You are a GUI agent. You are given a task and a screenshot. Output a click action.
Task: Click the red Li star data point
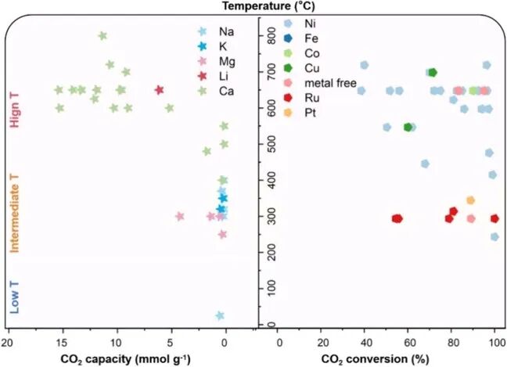click(x=159, y=90)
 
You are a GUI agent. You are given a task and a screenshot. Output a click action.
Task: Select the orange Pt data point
click(x=470, y=200)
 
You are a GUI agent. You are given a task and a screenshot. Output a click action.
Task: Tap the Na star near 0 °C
click(x=220, y=315)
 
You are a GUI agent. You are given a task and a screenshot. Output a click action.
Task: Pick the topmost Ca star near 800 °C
click(x=102, y=35)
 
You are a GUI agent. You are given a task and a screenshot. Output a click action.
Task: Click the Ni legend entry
click(x=300, y=23)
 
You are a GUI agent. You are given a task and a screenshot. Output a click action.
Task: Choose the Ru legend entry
click(x=301, y=98)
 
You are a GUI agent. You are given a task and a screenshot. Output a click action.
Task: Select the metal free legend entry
click(x=320, y=83)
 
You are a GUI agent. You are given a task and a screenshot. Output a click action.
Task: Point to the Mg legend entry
click(x=217, y=61)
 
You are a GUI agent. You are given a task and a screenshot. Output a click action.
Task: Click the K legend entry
click(x=213, y=47)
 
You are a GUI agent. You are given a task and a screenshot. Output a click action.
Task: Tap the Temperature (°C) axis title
click(x=268, y=6)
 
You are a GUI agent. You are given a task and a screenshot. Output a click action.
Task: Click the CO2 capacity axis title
click(x=125, y=359)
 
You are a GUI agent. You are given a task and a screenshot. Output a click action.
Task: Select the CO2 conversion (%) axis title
click(x=375, y=359)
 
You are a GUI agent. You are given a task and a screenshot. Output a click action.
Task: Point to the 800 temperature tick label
click(x=272, y=36)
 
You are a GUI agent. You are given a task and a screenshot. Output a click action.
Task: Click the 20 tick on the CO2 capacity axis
click(x=7, y=343)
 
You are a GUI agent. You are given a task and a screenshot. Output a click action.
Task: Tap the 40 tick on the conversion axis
click(x=366, y=343)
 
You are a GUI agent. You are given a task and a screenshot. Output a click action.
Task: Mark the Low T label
click(x=15, y=297)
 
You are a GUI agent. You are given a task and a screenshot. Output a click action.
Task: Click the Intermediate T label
click(x=15, y=214)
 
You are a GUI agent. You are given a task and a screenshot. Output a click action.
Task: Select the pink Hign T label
click(x=15, y=110)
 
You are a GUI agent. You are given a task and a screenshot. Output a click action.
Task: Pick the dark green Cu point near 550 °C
click(x=408, y=128)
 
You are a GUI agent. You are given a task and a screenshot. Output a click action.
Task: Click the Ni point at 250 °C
click(x=494, y=237)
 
